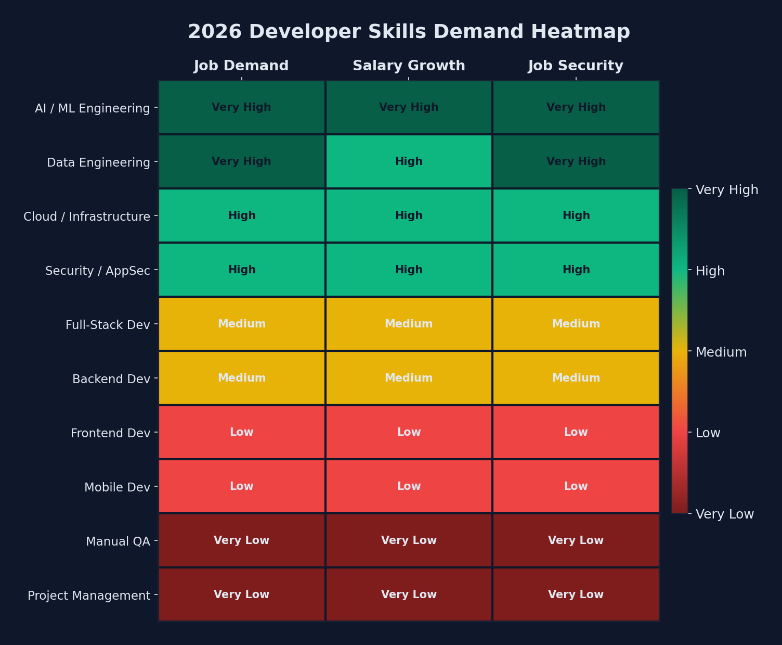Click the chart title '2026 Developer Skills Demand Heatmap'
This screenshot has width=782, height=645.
click(x=409, y=32)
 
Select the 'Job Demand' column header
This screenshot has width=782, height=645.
click(x=241, y=66)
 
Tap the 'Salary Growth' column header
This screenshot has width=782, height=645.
click(x=409, y=66)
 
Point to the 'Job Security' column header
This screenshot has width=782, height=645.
click(x=576, y=66)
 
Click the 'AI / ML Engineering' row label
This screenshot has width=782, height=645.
click(x=92, y=108)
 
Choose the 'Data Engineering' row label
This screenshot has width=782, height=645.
click(x=98, y=162)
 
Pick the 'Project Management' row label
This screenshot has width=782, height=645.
click(x=88, y=596)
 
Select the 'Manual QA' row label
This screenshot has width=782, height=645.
click(x=118, y=541)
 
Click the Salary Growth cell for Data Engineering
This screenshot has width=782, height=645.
click(x=409, y=161)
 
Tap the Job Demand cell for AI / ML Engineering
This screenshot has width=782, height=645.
click(x=241, y=107)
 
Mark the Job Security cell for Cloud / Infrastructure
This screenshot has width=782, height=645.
click(x=576, y=216)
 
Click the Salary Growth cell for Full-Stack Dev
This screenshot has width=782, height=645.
click(x=409, y=324)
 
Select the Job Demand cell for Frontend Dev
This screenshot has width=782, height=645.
click(x=241, y=432)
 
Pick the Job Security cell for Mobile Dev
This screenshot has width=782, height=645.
click(x=576, y=486)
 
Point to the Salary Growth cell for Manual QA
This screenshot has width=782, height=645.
click(x=409, y=540)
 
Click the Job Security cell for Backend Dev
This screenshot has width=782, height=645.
click(x=576, y=378)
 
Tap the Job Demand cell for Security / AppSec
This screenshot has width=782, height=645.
click(x=241, y=270)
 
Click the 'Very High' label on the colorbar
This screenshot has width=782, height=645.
click(x=726, y=190)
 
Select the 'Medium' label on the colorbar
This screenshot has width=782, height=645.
click(x=721, y=352)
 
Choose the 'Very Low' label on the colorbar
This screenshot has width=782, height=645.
click(x=724, y=514)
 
